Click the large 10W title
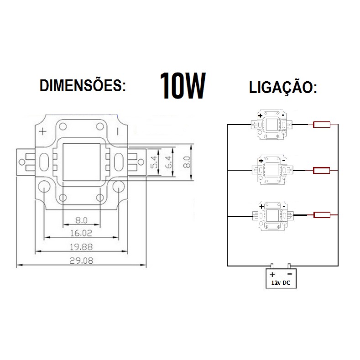tap(183, 86)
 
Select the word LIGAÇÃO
tap(283, 87)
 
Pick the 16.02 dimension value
tap(81, 233)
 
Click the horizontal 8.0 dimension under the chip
tap(81, 220)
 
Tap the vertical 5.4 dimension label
tap(154, 162)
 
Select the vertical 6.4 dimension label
tap(169, 162)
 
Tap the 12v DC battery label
tap(281, 283)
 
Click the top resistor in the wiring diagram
tap(321, 125)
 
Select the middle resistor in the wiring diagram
tap(321, 171)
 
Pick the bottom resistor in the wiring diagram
tap(321, 215)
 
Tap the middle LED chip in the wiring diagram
tap(271, 170)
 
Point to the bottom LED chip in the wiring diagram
tap(271, 215)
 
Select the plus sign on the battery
tap(272, 275)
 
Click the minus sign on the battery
tap(289, 274)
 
